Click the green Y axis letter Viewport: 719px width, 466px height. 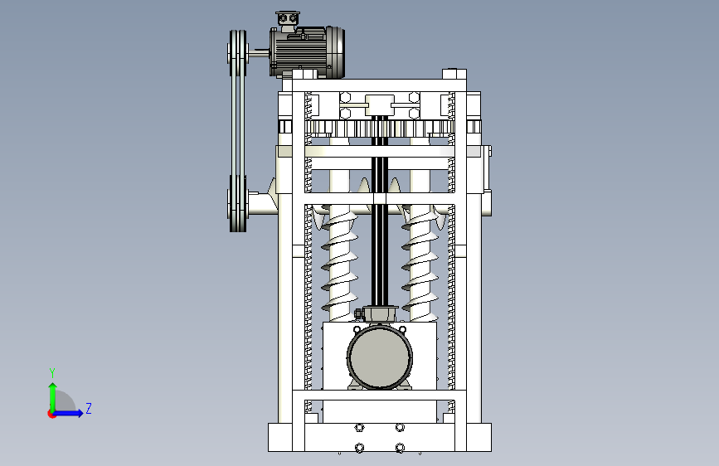(52, 372)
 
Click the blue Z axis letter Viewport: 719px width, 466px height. (89, 408)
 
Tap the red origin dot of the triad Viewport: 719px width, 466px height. (51, 414)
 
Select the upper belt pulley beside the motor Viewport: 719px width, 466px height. (238, 53)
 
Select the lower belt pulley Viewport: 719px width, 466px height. (238, 204)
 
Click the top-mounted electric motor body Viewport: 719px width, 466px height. (306, 51)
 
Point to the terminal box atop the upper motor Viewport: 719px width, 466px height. (288, 17)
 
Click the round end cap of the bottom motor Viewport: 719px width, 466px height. (380, 357)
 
